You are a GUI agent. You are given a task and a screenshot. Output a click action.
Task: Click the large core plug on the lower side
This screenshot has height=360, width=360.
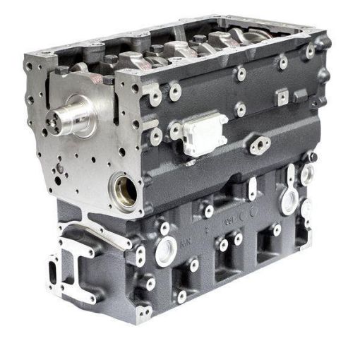(167, 251)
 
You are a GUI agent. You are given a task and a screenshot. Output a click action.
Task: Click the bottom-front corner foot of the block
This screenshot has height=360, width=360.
(140, 311)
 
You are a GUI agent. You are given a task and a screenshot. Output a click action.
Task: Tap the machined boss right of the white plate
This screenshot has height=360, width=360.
(241, 110)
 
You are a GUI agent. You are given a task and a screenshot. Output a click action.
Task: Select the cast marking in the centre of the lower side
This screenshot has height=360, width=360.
(228, 220)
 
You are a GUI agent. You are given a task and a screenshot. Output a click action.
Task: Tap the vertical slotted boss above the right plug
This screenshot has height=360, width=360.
(289, 174)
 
